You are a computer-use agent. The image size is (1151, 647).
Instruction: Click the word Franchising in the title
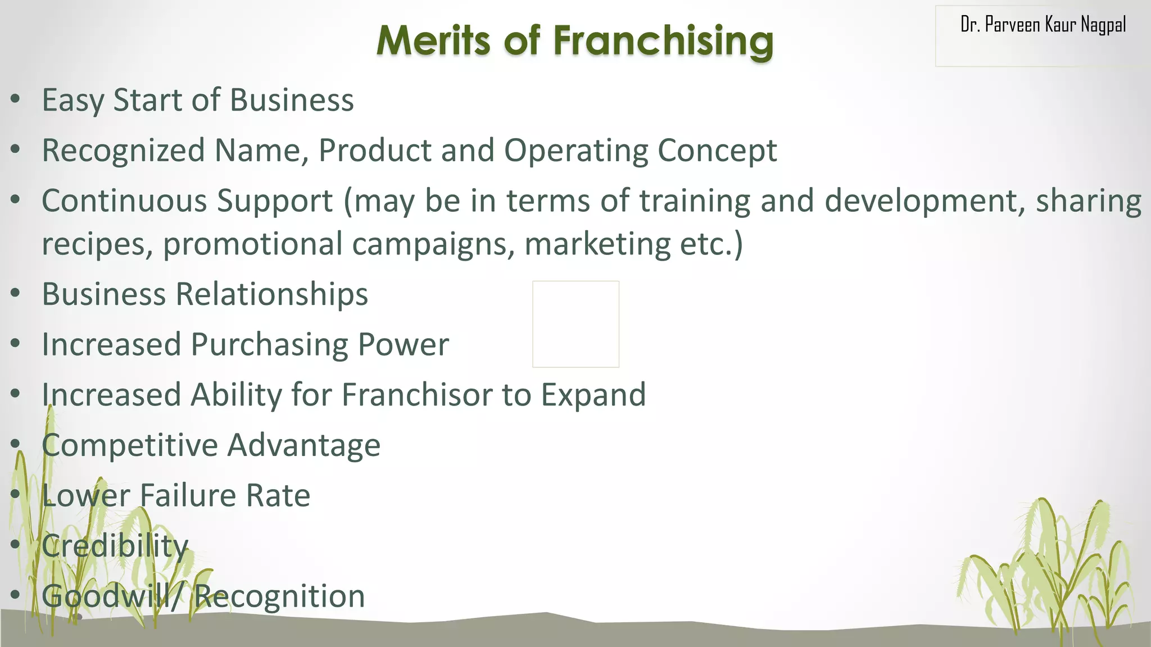tap(663, 42)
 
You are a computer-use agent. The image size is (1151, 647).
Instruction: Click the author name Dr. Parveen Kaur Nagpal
tap(1043, 25)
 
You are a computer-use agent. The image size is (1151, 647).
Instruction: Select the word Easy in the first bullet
tap(73, 101)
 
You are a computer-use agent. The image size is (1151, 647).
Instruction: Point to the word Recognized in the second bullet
tap(124, 151)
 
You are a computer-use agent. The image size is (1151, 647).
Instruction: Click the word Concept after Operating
tap(717, 151)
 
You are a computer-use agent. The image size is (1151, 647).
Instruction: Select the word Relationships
tap(272, 294)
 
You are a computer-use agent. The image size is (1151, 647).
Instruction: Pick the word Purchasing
tap(269, 344)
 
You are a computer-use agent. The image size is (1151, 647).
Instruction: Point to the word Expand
tap(593, 395)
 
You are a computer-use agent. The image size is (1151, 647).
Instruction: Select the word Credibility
tap(115, 546)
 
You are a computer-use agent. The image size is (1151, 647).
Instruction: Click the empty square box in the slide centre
tap(575, 324)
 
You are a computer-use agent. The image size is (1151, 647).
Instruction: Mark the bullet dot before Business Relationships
tap(16, 293)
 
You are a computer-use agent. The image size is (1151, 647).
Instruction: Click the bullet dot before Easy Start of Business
tap(16, 99)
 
